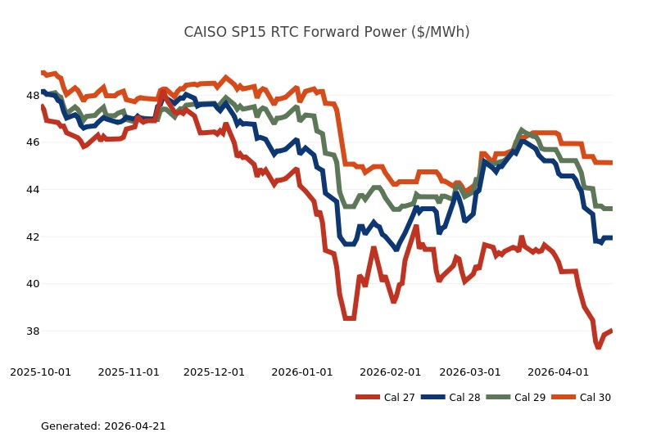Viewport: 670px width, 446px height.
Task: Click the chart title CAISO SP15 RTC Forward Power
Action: pyautogui.click(x=326, y=32)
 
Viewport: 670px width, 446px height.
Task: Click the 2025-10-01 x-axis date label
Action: pyautogui.click(x=40, y=372)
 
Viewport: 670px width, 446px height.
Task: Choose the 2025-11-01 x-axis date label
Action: pyautogui.click(x=129, y=372)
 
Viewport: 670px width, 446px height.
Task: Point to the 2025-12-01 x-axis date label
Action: pyautogui.click(x=214, y=372)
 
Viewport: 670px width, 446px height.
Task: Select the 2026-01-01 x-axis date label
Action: pyautogui.click(x=302, y=372)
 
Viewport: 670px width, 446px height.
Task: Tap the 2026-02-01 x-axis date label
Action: pyautogui.click(x=391, y=372)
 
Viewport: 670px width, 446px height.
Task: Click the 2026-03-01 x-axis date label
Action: pyautogui.click(x=470, y=372)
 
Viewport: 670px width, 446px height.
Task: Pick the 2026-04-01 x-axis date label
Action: pyautogui.click(x=559, y=372)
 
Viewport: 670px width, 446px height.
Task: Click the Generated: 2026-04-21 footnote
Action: pyautogui.click(x=103, y=426)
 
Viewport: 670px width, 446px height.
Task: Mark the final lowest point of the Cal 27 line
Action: pyautogui.click(x=599, y=347)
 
